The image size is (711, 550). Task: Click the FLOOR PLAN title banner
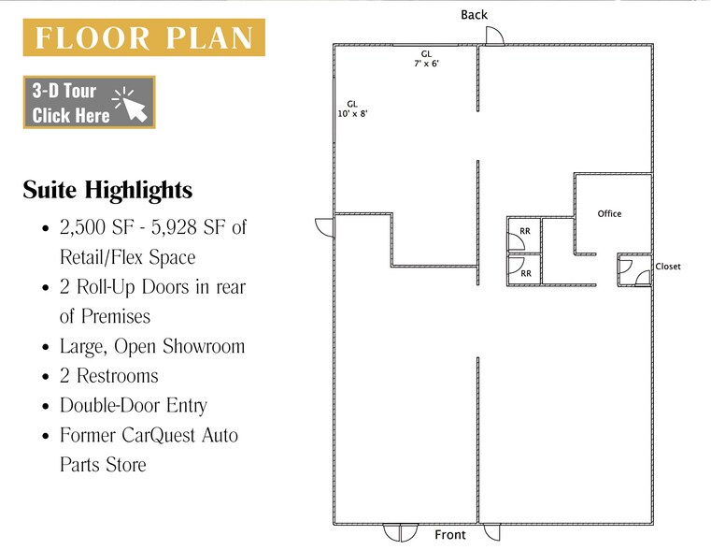144,37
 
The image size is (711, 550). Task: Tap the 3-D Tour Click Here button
90,102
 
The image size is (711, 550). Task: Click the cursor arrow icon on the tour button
135,107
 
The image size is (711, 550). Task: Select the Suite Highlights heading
107,190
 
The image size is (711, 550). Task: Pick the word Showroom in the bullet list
204,346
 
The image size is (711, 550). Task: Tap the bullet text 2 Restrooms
108,376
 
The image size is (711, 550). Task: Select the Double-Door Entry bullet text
134,405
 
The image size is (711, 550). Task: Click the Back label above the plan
474,15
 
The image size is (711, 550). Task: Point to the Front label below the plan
449,535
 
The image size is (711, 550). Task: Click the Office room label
609,214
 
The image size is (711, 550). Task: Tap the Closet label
668,267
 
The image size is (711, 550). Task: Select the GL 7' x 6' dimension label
426,59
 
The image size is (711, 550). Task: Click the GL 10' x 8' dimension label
352,109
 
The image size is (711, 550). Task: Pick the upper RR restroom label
525,231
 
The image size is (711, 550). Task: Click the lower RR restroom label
526,274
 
